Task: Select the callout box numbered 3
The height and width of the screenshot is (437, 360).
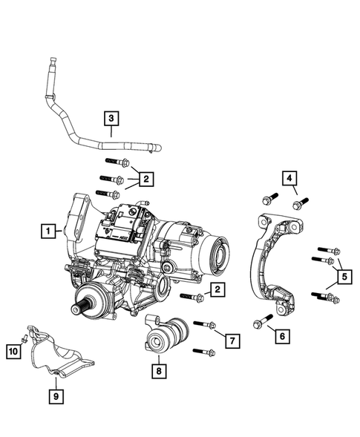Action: [110, 118]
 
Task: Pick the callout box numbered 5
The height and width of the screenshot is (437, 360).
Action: [344, 278]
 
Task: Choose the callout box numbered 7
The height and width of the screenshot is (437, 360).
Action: [231, 341]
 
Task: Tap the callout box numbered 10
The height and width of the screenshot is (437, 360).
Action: [13, 350]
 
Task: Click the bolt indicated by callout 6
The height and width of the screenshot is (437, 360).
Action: [262, 323]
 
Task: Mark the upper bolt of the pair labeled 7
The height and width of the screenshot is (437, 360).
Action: [204, 325]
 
